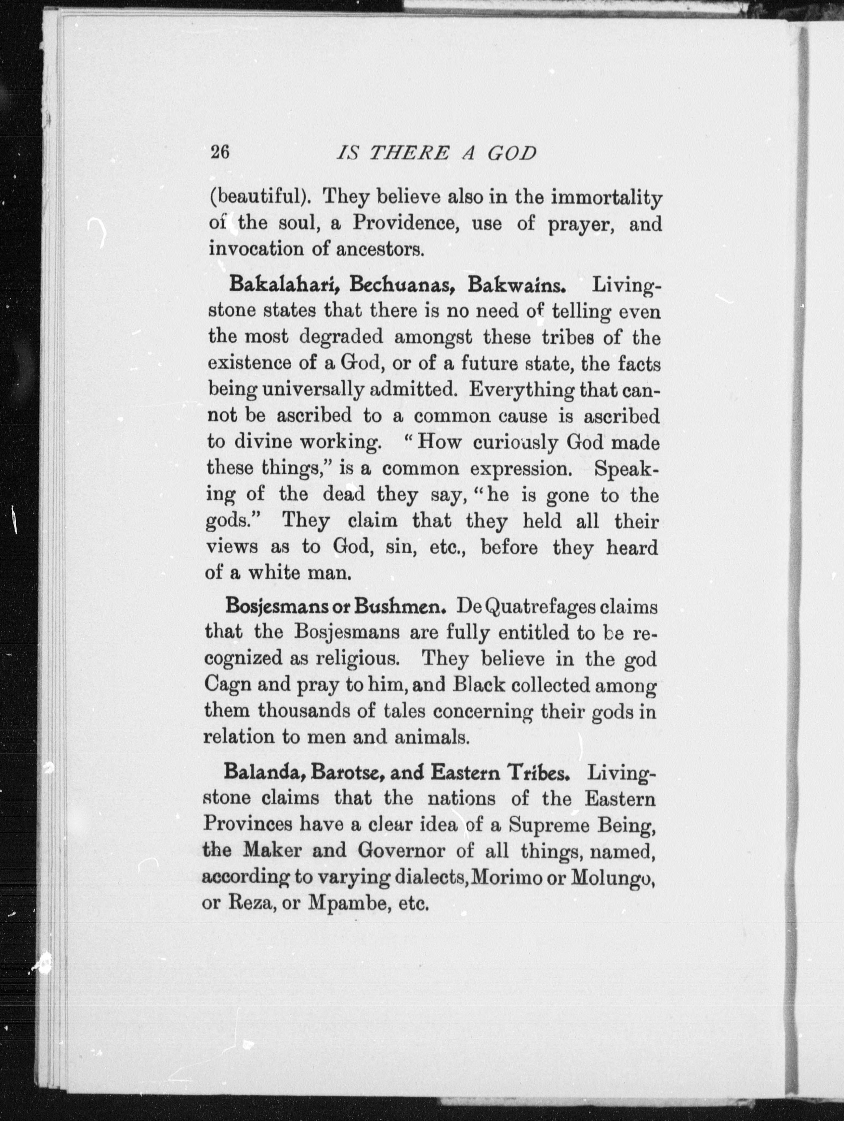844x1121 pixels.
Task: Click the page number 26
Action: tap(220, 152)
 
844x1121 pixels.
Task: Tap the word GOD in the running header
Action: tap(512, 153)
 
